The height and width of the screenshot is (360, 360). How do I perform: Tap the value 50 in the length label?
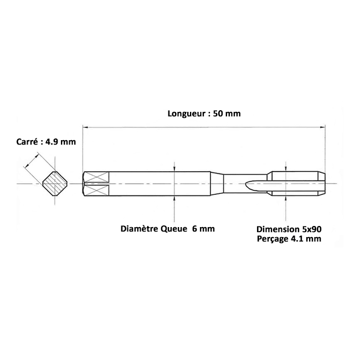point(218,114)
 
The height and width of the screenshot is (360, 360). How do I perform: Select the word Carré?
point(27,142)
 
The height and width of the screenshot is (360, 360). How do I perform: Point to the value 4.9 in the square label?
point(51,142)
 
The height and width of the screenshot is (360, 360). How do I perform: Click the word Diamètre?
point(140,229)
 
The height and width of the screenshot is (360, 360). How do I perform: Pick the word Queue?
point(174,229)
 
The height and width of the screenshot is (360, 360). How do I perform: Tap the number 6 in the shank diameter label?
point(195,229)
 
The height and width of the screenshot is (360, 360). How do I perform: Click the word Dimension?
point(278,229)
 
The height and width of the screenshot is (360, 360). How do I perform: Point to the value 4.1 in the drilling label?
point(296,239)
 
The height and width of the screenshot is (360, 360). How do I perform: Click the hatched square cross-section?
point(55,184)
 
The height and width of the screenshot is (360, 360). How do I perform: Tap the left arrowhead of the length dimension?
point(85,127)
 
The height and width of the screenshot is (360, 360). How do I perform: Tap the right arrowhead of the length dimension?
point(322,127)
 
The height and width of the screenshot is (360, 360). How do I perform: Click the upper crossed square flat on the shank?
point(96,177)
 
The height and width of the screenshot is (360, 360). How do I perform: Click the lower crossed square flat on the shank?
point(96,191)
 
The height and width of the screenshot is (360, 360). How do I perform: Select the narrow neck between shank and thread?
point(245,183)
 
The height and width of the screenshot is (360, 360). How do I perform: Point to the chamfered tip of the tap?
point(321,183)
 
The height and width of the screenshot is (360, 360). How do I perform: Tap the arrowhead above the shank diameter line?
point(174,169)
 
